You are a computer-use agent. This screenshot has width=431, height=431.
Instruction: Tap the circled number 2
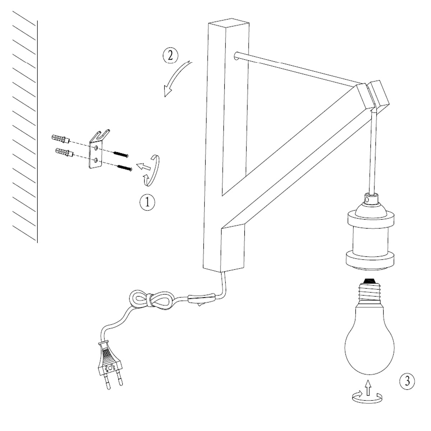(x=171, y=56)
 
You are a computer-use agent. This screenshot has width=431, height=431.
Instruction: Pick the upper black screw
(x=121, y=154)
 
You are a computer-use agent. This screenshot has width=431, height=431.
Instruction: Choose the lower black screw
(x=125, y=168)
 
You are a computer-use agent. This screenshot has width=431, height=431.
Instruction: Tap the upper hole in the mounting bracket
(x=96, y=148)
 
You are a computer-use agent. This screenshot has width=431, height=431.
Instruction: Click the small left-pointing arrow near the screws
(x=143, y=167)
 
